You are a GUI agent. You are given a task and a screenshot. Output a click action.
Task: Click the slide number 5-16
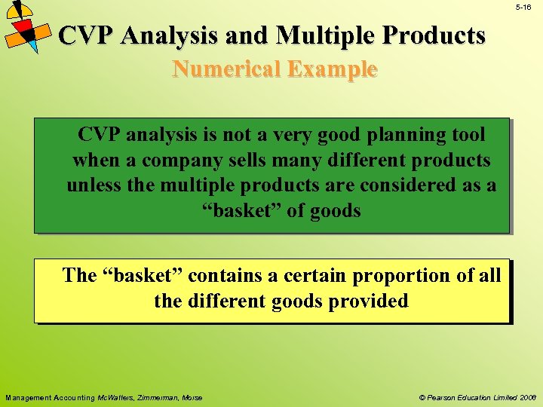click(x=523, y=7)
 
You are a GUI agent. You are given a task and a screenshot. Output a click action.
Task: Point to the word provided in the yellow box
click(x=373, y=301)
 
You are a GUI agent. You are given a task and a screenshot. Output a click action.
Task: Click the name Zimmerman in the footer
click(x=159, y=397)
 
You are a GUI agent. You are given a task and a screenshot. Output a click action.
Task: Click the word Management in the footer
click(x=26, y=397)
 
